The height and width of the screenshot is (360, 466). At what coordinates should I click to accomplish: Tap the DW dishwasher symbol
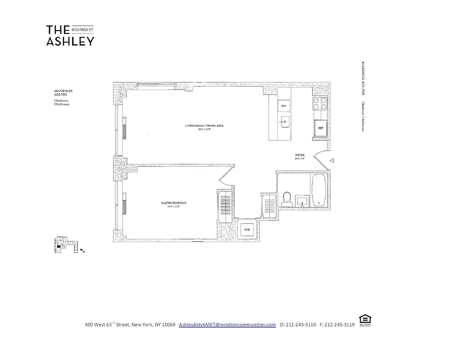click(x=284, y=106)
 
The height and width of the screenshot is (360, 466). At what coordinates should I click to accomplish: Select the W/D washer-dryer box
click(x=247, y=229)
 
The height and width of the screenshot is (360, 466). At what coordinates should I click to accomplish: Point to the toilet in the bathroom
click(x=286, y=199)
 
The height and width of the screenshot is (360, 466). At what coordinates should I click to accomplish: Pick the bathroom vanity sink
click(x=302, y=200)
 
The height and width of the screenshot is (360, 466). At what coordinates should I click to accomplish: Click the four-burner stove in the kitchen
click(x=320, y=104)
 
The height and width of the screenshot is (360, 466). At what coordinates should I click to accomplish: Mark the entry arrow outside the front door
click(x=332, y=160)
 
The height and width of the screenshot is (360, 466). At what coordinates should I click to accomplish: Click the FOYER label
click(x=299, y=156)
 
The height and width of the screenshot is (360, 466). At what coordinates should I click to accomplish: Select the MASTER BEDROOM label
click(x=173, y=203)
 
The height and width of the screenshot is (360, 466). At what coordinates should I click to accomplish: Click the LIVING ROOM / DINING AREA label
click(x=204, y=126)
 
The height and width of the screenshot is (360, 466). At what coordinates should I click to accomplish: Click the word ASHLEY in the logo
click(x=70, y=41)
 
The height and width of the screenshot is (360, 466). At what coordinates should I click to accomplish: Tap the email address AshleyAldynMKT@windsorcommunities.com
click(x=227, y=324)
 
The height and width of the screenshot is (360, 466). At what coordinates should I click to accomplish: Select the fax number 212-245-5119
click(x=339, y=324)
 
